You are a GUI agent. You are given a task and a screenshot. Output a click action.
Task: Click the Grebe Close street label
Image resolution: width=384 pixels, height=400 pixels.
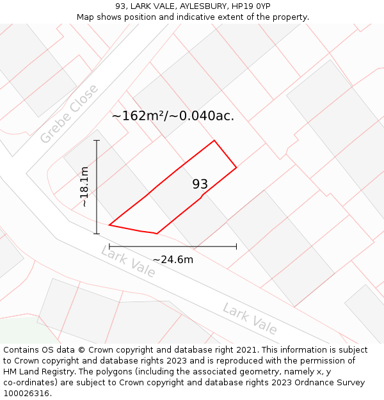[69, 114]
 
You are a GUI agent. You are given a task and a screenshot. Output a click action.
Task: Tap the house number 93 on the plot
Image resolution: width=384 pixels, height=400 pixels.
[200, 184]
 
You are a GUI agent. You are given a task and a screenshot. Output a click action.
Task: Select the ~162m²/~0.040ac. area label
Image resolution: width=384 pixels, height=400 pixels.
[173, 116]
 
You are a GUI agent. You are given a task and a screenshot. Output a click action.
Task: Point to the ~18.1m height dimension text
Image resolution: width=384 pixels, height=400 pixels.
[84, 186]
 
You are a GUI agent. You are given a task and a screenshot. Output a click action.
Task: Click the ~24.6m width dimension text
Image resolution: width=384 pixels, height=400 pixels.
[173, 259]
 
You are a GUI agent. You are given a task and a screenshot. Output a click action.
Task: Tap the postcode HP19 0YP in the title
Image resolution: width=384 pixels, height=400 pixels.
[253, 6]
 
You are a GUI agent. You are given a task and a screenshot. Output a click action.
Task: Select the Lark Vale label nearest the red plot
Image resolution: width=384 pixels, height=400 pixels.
[128, 261]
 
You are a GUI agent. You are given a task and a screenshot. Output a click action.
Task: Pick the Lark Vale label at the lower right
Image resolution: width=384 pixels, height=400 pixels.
[250, 319]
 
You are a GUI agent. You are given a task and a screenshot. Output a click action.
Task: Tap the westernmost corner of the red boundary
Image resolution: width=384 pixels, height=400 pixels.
[109, 225]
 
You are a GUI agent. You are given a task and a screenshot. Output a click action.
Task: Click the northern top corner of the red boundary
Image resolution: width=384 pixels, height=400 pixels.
[214, 141]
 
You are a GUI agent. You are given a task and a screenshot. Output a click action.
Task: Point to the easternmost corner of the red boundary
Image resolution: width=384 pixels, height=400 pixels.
[237, 168]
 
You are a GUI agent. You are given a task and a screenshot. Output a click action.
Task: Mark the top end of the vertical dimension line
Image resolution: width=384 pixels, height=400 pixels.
[97, 140]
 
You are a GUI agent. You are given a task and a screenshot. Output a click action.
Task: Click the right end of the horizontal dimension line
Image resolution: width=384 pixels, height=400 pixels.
[236, 246]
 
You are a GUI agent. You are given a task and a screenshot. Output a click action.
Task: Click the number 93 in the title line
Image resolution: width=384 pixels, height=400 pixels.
[120, 6]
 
